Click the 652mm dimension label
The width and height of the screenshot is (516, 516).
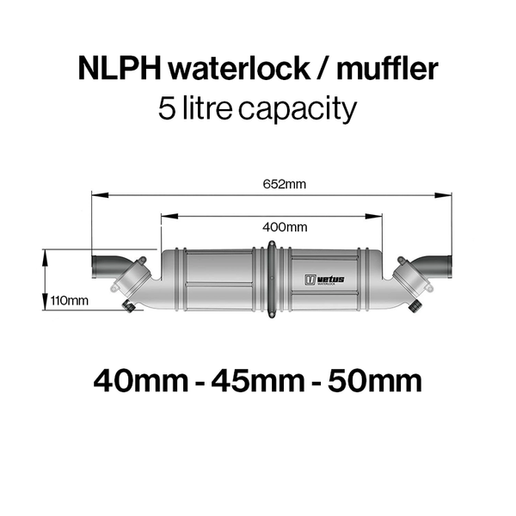click(x=285, y=184)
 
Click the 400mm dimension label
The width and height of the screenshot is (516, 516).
click(x=285, y=227)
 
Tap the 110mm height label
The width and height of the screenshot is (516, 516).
click(x=69, y=300)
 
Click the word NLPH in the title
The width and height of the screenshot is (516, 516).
click(x=120, y=69)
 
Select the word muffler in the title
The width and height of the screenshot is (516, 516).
click(x=387, y=68)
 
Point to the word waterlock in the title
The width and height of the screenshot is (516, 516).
click(x=239, y=69)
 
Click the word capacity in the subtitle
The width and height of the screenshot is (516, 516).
click(x=298, y=109)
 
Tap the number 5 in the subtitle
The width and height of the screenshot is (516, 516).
click(x=166, y=108)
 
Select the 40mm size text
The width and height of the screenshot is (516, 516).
click(x=141, y=381)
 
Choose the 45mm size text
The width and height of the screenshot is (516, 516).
click(x=258, y=381)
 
